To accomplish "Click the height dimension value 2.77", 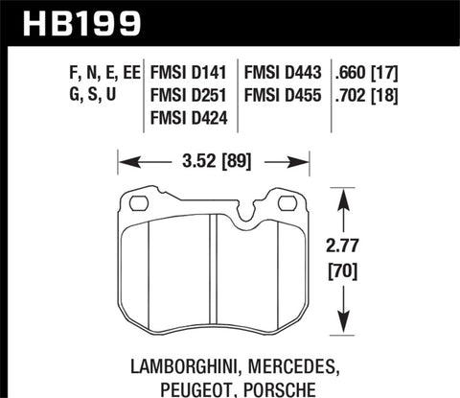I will coord(369,246).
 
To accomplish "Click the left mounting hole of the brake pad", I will coord(137,203).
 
